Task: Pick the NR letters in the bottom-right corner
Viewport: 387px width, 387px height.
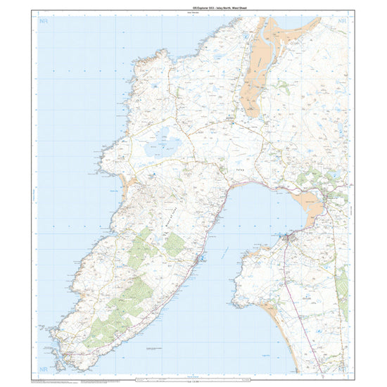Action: point(342,367)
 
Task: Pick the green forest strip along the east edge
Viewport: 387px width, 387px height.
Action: point(343,288)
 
